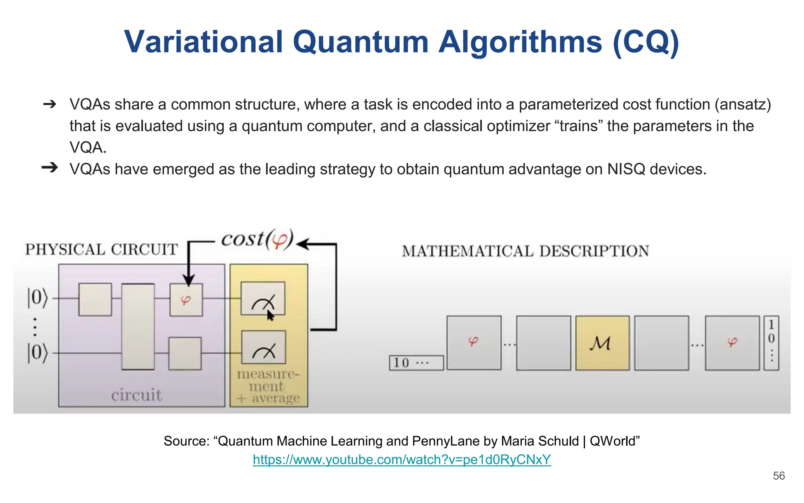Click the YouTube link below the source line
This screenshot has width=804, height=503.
pyautogui.click(x=402, y=459)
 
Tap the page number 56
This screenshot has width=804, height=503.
pyautogui.click(x=778, y=476)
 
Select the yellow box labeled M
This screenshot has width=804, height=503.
pyautogui.click(x=602, y=343)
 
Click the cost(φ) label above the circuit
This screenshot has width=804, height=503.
pyautogui.click(x=257, y=239)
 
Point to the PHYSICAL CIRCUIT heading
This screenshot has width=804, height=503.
pyautogui.click(x=102, y=250)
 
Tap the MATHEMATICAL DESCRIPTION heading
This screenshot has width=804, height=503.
pyautogui.click(x=525, y=251)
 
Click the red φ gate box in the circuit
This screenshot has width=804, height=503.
pyautogui.click(x=186, y=300)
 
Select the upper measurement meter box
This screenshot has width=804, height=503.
pyautogui.click(x=263, y=299)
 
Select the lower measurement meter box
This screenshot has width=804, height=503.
pyautogui.click(x=263, y=347)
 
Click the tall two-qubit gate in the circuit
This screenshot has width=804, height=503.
pyautogui.click(x=138, y=327)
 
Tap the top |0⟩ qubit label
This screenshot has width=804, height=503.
pyautogui.click(x=37, y=298)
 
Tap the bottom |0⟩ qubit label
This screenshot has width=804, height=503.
pyautogui.click(x=37, y=353)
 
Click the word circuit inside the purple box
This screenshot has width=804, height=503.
pyautogui.click(x=136, y=395)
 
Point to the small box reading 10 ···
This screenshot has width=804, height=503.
pyautogui.click(x=416, y=363)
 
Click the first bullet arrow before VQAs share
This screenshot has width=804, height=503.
pyautogui.click(x=50, y=104)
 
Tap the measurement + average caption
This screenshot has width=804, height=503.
pyautogui.click(x=268, y=386)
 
